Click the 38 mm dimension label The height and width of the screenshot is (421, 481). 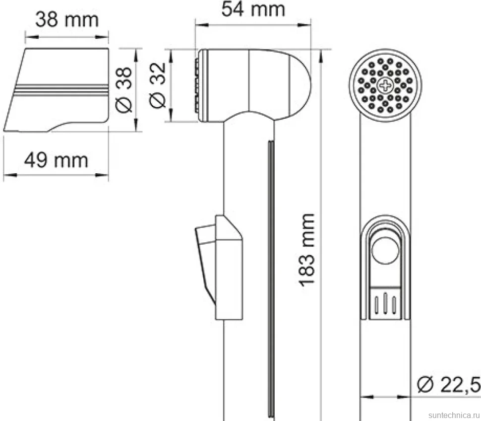(67, 20)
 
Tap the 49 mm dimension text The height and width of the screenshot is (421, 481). (56, 160)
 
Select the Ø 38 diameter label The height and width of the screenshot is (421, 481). (124, 89)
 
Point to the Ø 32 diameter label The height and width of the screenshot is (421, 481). (157, 85)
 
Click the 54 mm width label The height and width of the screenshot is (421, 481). (253, 9)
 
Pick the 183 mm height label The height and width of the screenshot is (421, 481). (307, 250)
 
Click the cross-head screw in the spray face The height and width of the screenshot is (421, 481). (385, 85)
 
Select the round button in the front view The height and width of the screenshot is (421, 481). (385, 250)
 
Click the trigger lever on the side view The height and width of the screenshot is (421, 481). (205, 264)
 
